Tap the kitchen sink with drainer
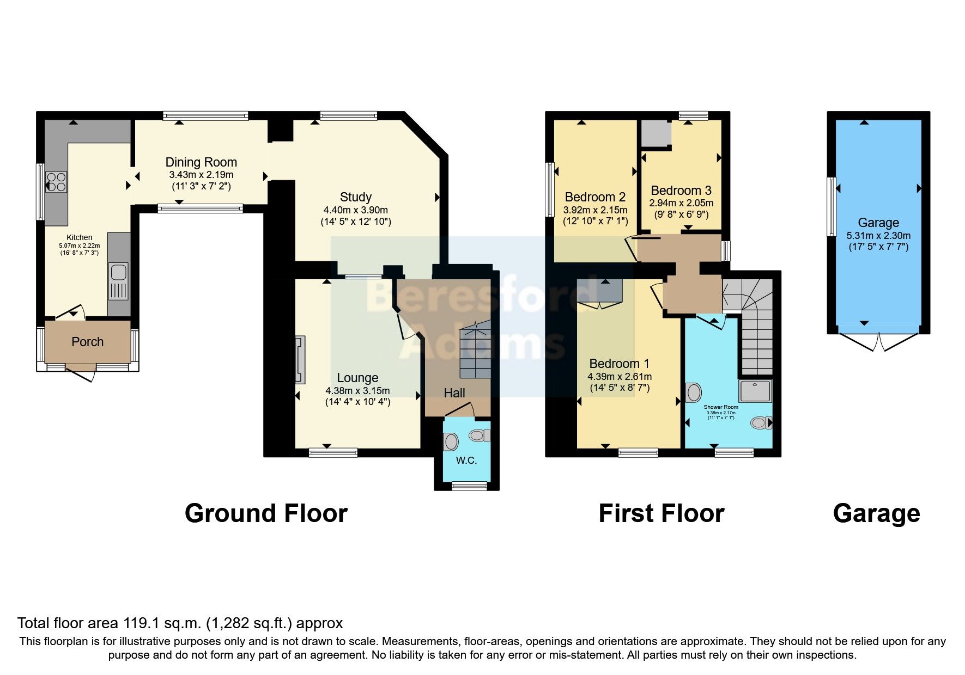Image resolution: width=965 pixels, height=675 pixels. point(118,281)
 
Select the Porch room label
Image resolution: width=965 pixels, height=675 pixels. point(87,342)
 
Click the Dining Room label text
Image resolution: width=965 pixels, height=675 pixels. point(201,162)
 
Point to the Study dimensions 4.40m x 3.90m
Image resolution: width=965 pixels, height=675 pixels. point(355,210)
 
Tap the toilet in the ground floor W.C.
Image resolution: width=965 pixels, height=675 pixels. point(480,435)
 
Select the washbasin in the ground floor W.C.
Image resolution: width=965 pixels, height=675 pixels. point(451,441)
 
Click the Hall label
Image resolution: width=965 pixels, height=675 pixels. point(454,393)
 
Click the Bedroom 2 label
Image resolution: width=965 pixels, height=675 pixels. point(595,197)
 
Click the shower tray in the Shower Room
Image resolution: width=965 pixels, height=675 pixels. point(755,391)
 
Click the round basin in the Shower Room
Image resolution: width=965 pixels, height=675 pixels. point(694,392)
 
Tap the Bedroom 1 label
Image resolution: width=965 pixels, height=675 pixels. point(619,364)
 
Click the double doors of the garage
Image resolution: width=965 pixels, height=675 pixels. point(879,342)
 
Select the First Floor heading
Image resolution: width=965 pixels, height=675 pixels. point(661,513)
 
